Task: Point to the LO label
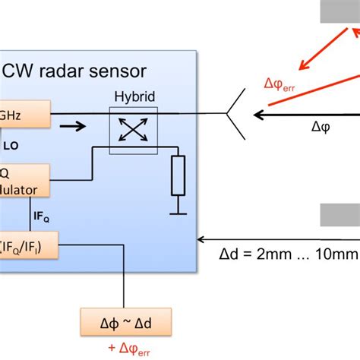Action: tap(13, 144)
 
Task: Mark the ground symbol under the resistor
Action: tap(178, 210)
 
